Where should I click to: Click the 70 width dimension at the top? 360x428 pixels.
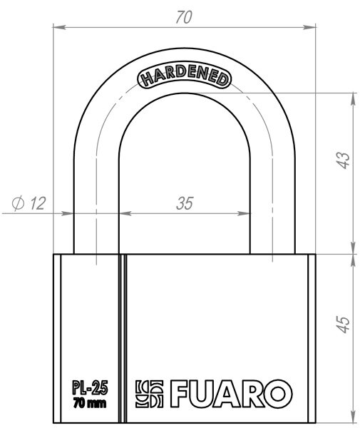[184, 19]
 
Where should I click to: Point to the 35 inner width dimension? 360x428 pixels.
[185, 203]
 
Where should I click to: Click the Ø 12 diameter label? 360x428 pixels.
[29, 204]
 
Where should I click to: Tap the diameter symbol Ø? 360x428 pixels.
[19, 204]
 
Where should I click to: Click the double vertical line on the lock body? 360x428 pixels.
[123, 335]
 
